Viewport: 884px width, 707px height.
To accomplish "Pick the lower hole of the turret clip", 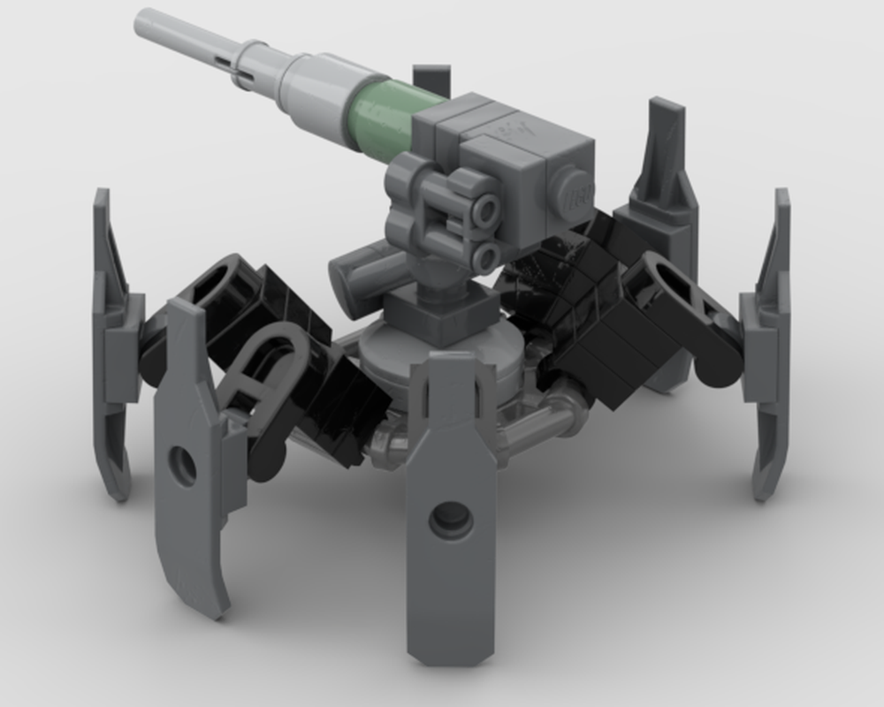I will point(485,257).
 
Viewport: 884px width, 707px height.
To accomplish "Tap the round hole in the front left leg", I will point(183,465).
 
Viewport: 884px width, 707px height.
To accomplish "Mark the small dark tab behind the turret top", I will point(431,78).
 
